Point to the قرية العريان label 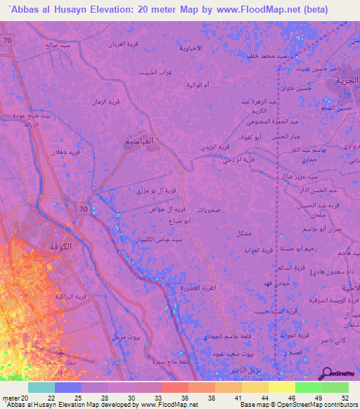126,44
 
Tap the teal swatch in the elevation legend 41,387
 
